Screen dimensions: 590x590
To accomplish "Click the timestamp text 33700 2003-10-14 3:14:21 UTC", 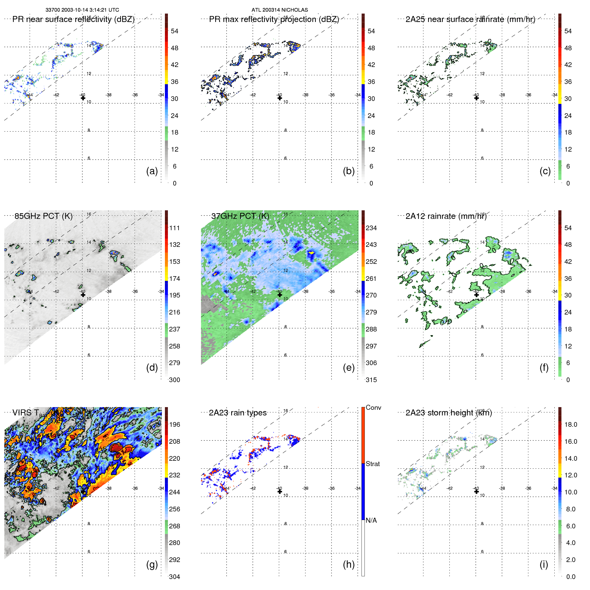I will click(x=82, y=10).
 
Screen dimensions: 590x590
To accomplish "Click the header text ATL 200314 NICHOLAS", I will click(x=280, y=10).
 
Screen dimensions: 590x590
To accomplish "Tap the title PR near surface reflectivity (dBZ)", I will click(x=73, y=19).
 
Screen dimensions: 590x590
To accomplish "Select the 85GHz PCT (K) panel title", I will click(x=43, y=216).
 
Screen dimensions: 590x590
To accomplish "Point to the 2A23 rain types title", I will click(x=238, y=413).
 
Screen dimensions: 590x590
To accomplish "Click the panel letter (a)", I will click(x=152, y=171).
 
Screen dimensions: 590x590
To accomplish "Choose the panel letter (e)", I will click(x=348, y=367).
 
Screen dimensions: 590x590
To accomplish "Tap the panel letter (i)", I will click(x=544, y=564).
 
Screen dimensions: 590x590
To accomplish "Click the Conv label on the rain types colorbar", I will click(x=373, y=407).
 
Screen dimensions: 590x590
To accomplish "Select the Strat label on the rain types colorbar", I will click(x=373, y=464).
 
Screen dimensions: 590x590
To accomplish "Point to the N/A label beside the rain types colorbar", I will click(x=371, y=520).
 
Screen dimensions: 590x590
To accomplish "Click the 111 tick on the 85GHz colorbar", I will click(x=175, y=228).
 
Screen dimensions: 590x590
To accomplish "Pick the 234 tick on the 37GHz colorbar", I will click(x=371, y=228).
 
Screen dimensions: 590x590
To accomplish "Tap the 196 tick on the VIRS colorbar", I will click(x=175, y=424).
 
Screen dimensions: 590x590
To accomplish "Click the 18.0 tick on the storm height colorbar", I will click(x=571, y=424).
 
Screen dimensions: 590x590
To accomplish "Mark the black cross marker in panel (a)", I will click(x=83, y=98).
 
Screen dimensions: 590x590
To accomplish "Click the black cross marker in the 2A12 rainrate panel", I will click(x=476, y=295).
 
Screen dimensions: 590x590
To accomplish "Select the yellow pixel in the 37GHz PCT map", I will click(x=311, y=253).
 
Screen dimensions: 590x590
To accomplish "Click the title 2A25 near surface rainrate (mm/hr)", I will click(x=470, y=19).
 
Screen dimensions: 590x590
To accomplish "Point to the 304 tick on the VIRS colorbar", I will click(x=175, y=577).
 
